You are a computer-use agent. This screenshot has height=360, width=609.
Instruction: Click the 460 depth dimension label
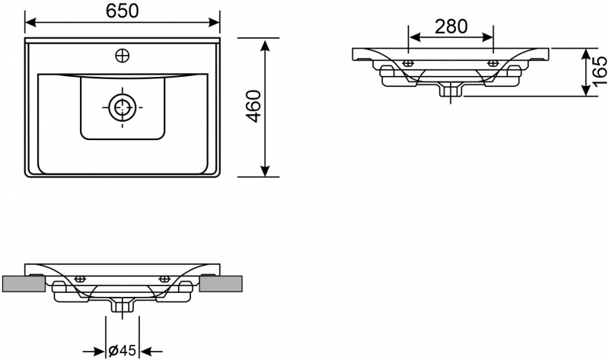(x=254, y=106)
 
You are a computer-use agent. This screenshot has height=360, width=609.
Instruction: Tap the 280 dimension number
(x=451, y=27)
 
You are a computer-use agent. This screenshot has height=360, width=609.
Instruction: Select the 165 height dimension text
(x=599, y=72)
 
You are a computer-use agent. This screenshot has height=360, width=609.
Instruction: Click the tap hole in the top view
(x=122, y=55)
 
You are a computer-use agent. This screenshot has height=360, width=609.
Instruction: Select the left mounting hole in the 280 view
(x=410, y=62)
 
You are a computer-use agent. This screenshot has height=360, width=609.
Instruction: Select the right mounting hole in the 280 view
(x=493, y=62)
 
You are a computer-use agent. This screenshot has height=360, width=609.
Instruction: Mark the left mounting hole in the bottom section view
(x=80, y=279)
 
